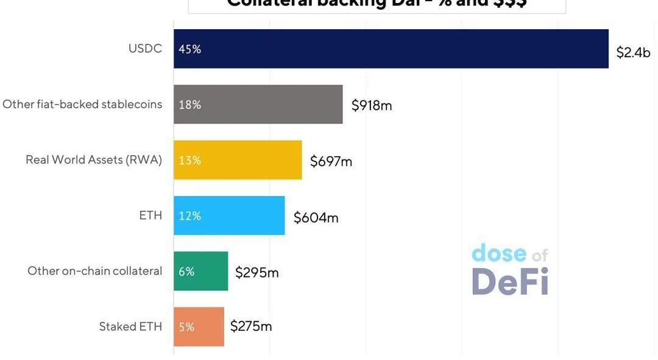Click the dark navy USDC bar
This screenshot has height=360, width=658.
(x=391, y=49)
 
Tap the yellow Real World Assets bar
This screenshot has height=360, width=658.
(x=238, y=160)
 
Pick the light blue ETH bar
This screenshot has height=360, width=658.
(x=229, y=216)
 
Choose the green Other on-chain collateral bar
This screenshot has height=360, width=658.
(x=200, y=271)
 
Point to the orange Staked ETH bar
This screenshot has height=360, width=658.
(x=199, y=326)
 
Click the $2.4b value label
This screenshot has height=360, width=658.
(x=633, y=52)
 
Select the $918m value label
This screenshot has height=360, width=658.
(x=372, y=105)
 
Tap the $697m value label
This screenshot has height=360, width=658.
(x=331, y=161)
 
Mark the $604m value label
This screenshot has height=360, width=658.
(x=316, y=217)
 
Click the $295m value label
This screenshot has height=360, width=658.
(x=256, y=272)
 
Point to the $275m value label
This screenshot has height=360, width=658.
(x=251, y=326)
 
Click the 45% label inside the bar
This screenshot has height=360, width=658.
(x=189, y=49)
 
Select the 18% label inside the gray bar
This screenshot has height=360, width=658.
(x=189, y=105)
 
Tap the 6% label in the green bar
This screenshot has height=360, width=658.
(x=186, y=272)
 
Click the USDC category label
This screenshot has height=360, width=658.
(x=145, y=48)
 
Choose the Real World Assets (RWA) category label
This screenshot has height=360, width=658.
(x=94, y=160)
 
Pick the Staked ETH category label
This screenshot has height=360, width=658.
(x=130, y=326)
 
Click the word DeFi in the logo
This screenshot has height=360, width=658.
(x=510, y=281)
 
